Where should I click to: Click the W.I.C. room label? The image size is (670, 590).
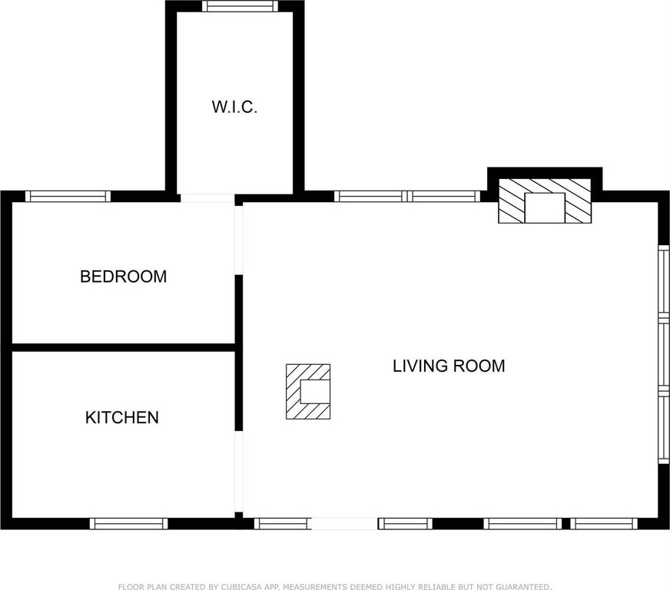pyautogui.click(x=234, y=107)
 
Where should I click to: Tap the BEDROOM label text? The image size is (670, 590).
pyautogui.click(x=124, y=277)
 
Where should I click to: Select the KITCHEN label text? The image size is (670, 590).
pyautogui.click(x=122, y=417)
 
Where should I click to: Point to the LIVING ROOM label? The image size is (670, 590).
pyautogui.click(x=449, y=366)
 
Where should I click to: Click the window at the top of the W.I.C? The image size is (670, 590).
pyautogui.click(x=240, y=6)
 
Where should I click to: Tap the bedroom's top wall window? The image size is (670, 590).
pyautogui.click(x=68, y=196)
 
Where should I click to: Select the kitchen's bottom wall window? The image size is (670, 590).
pyautogui.click(x=128, y=524)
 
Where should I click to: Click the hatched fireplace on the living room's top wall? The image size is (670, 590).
pyautogui.click(x=545, y=201)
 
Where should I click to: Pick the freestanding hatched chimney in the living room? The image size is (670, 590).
pyautogui.click(x=308, y=391)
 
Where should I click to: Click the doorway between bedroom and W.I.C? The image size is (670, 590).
pyautogui.click(x=207, y=198)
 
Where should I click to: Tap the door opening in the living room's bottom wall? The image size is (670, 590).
pyautogui.click(x=344, y=524)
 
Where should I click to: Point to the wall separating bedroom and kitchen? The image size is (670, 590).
pyautogui.click(x=124, y=347)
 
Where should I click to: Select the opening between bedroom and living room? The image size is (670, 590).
pyautogui.click(x=239, y=240)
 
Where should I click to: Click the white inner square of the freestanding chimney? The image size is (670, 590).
pyautogui.click(x=315, y=392)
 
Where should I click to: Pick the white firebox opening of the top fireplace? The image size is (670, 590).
pyautogui.click(x=545, y=207)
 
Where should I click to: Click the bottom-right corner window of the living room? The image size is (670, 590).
pyautogui.click(x=604, y=524)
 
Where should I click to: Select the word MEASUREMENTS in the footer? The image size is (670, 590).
pyautogui.click(x=317, y=587)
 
